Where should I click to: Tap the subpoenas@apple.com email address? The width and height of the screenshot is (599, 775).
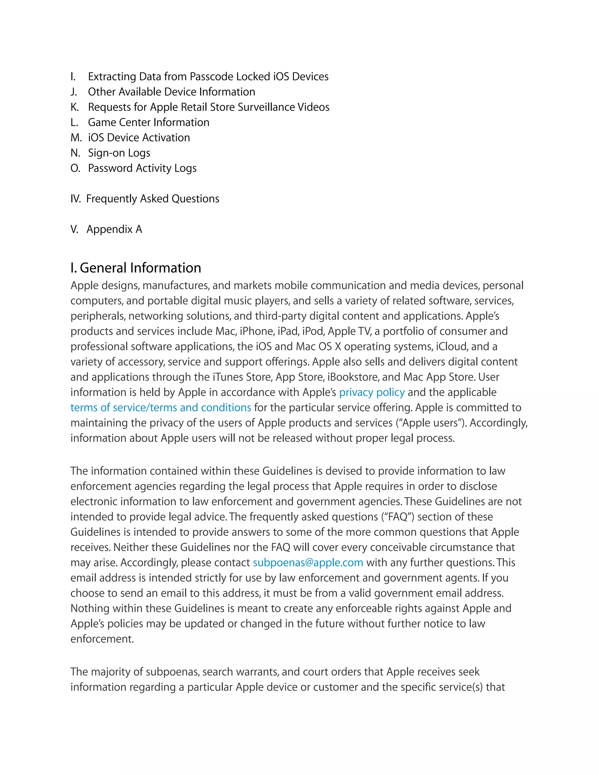click(308, 562)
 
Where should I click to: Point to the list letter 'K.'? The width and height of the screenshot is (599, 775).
click(75, 107)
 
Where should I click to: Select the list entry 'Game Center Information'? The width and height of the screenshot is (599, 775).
click(148, 123)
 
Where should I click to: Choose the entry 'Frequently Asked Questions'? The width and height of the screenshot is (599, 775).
click(153, 199)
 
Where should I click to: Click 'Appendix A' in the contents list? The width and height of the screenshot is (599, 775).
click(114, 229)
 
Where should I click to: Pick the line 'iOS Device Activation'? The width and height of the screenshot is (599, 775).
click(139, 138)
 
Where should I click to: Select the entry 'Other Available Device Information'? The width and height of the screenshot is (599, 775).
click(171, 92)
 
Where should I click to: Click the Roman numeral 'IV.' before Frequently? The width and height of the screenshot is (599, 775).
click(75, 199)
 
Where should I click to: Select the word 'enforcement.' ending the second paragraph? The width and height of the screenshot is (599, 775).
click(102, 639)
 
